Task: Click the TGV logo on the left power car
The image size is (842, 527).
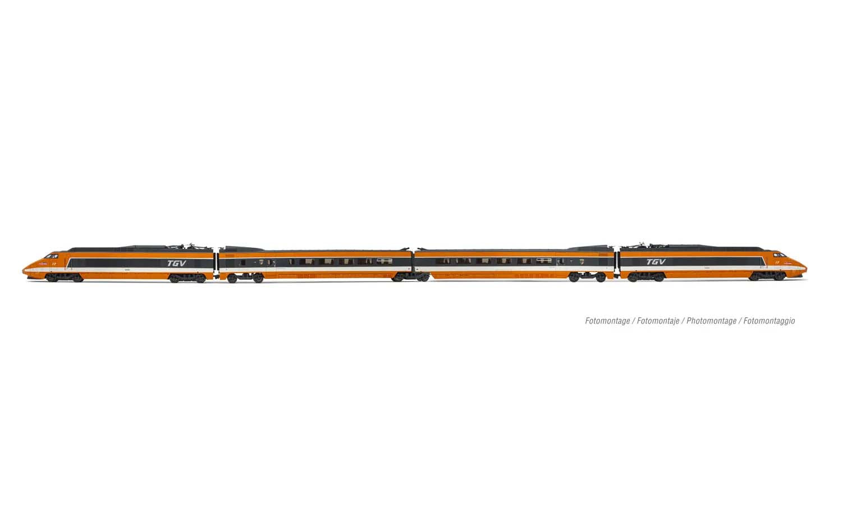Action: [x=176, y=263]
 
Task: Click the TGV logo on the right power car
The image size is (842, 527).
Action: [x=656, y=262]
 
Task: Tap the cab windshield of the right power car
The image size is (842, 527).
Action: [x=780, y=255]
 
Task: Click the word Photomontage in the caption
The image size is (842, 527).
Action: [x=711, y=321]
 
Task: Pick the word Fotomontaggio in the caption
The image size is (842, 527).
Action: [x=769, y=321]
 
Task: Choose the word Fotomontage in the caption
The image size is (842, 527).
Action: [x=607, y=321]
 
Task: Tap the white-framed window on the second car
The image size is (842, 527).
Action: [x=385, y=261]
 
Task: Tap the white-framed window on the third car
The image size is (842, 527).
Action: [x=543, y=261]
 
